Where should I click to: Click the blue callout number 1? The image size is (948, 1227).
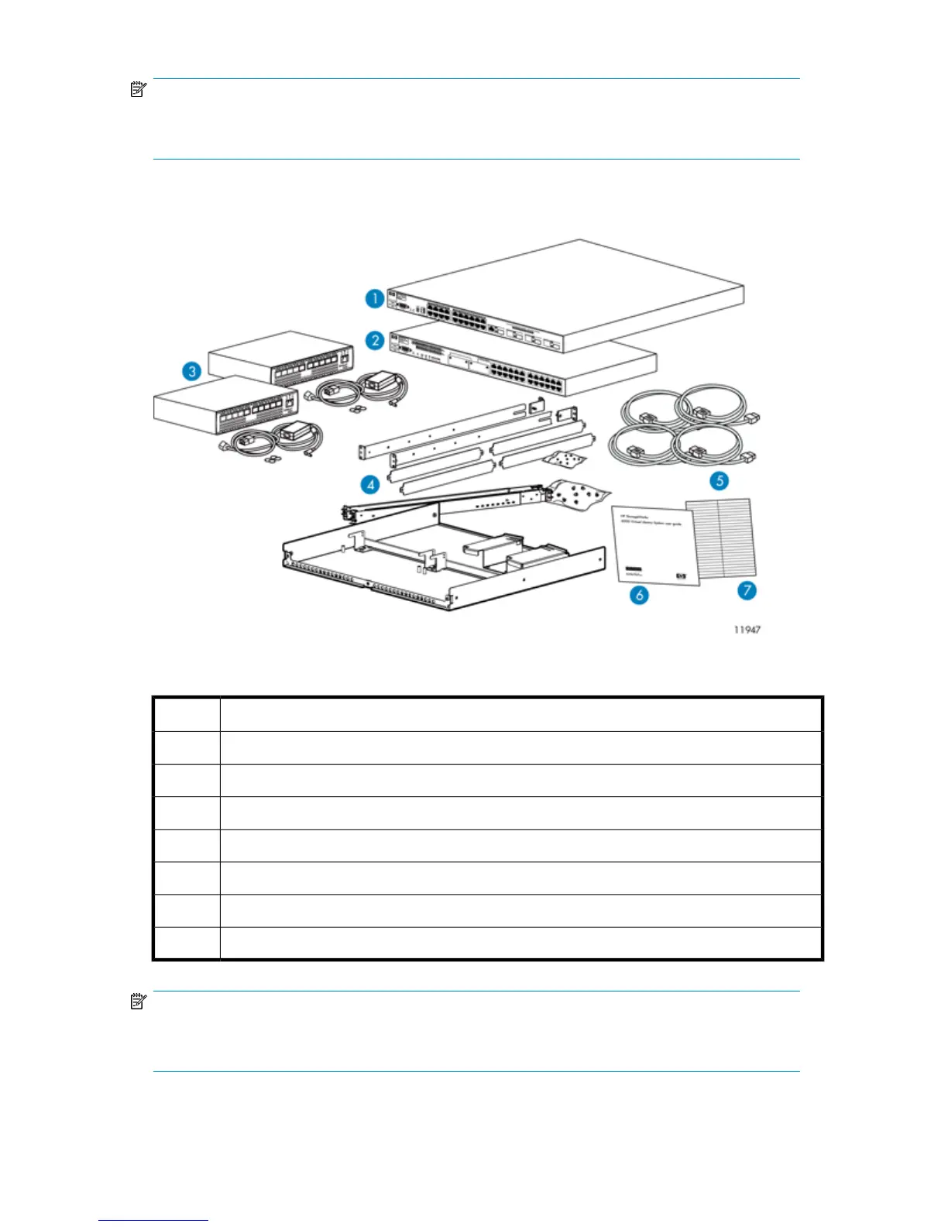[375, 298]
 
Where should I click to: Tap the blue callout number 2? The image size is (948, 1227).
[375, 340]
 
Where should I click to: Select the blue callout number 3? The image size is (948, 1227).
[191, 371]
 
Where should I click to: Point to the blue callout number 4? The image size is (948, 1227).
[371, 485]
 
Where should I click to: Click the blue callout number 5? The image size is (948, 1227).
[720, 480]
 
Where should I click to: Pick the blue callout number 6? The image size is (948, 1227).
[639, 595]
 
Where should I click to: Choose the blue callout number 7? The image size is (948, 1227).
[747, 590]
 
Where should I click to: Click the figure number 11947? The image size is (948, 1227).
[747, 630]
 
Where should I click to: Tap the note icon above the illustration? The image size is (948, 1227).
[139, 90]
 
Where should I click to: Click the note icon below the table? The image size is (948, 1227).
[139, 1002]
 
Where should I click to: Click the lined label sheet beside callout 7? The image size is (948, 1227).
[722, 538]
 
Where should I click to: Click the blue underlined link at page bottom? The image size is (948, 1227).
[153, 1220]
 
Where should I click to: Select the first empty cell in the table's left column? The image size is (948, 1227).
[186, 714]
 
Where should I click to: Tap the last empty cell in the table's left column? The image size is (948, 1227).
[186, 943]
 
